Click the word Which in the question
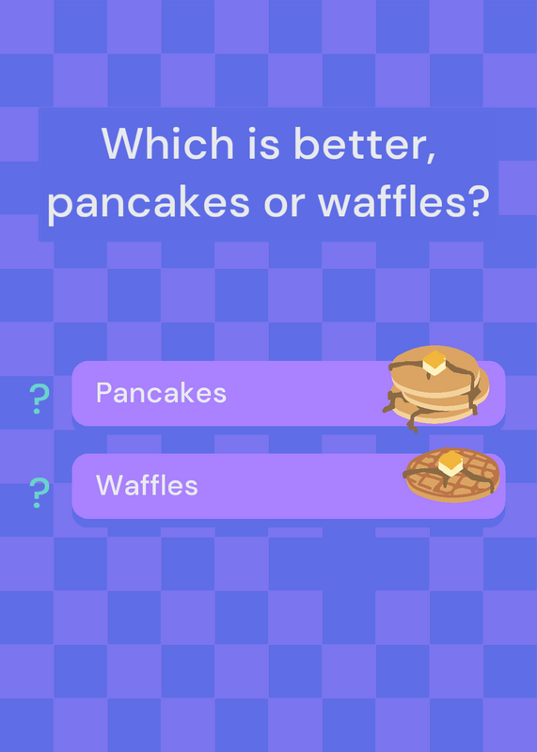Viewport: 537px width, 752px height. tap(167, 143)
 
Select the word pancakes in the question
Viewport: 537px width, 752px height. tap(149, 202)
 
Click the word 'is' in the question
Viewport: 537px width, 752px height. tap(263, 144)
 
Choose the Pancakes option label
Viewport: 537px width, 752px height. tap(161, 393)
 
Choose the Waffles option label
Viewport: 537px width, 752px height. tap(147, 485)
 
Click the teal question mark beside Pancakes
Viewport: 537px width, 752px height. tap(39, 399)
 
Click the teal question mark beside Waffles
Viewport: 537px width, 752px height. tap(39, 493)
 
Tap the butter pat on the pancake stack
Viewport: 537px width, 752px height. tap(434, 363)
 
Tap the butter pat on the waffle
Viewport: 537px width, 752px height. tap(450, 462)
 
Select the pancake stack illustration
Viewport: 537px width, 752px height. tap(435, 386)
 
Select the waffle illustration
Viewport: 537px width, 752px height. tap(451, 475)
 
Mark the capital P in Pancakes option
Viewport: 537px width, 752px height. tap(103, 393)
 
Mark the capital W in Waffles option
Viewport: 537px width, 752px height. tap(109, 485)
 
